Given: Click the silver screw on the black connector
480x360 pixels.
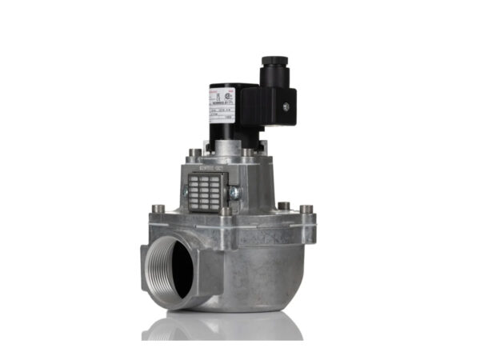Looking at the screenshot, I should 282,102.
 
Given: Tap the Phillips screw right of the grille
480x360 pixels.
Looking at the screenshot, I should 234,193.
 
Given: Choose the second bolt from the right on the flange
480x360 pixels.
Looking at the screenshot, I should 284,206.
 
